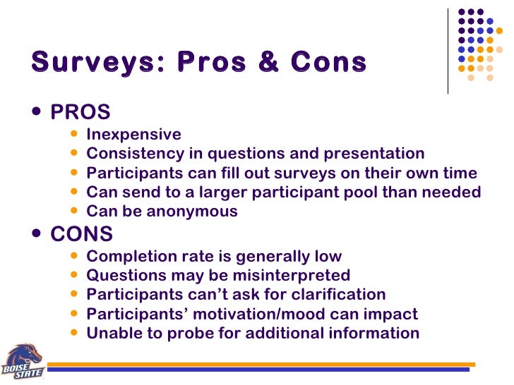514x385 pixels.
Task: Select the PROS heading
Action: [x=80, y=112]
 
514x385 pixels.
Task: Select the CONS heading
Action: [x=82, y=233]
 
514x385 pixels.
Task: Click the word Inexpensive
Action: [x=133, y=134]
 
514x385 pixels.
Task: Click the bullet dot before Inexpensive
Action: [x=76, y=134]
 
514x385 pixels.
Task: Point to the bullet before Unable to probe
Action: [x=76, y=333]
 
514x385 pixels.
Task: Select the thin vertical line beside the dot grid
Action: [x=448, y=51]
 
